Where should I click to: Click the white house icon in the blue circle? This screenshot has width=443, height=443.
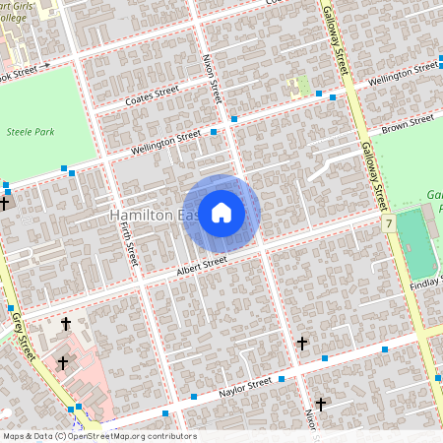click(221, 213)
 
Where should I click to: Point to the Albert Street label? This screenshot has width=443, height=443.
click(202, 264)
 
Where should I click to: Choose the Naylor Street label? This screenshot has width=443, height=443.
click(245, 384)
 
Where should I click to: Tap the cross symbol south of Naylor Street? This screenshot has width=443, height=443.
click(321, 404)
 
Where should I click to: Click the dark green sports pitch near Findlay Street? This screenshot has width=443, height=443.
click(418, 244)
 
